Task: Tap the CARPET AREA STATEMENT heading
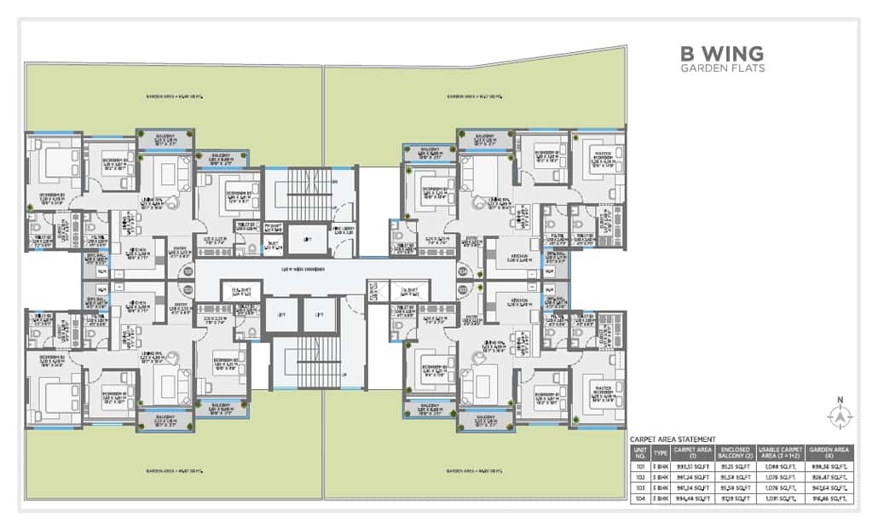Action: click(x=673, y=438)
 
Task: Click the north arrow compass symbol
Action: click(x=840, y=415)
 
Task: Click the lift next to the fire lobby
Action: click(x=306, y=240)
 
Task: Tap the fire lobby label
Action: click(x=344, y=230)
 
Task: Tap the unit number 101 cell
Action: click(x=638, y=467)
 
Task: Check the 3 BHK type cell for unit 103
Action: click(x=660, y=487)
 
